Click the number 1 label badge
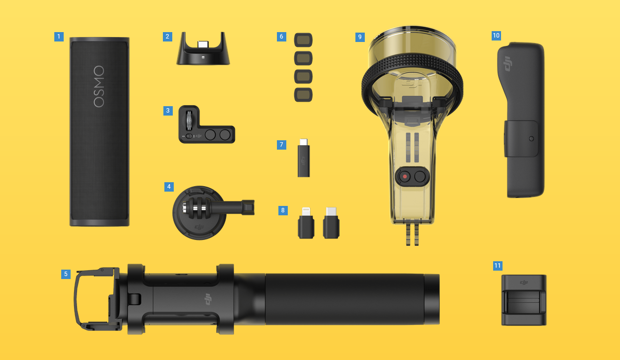[59, 37]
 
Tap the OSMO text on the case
[99, 86]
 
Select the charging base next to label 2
[203, 49]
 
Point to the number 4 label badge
[169, 187]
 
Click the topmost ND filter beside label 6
[304, 40]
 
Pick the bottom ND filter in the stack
[304, 95]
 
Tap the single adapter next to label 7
[304, 158]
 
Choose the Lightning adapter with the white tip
[306, 223]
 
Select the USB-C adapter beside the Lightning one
[331, 223]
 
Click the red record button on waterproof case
[405, 176]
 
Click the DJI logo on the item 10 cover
[507, 64]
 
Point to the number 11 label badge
[498, 266]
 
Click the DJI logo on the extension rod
[208, 299]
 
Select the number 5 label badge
[66, 274]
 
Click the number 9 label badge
[360, 37]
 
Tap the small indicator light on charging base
[203, 57]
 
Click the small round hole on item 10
[531, 139]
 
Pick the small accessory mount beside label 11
[524, 300]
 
